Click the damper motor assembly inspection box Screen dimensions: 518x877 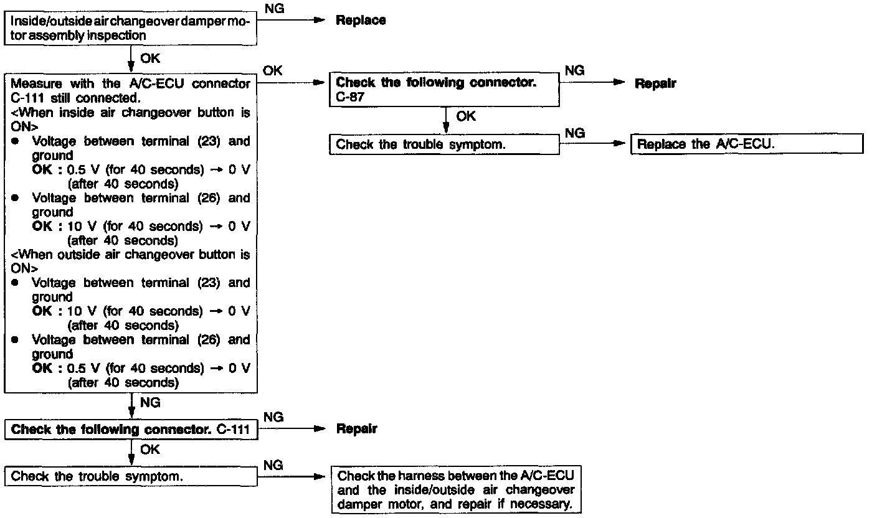coord(131,29)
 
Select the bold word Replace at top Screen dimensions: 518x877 coord(361,20)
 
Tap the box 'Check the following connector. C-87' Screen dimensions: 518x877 coord(444,90)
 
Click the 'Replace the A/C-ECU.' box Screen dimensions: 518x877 coord(746,144)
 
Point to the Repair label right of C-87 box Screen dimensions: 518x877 coord(655,83)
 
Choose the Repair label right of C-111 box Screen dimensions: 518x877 coord(356,429)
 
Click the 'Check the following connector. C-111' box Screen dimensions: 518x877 coord(131,430)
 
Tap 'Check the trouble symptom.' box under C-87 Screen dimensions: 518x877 coord(444,144)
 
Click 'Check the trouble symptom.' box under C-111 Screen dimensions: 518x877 coord(131,476)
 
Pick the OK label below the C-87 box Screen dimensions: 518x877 coord(466,116)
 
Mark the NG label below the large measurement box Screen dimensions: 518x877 coord(150,403)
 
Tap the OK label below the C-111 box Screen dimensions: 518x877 coord(150,450)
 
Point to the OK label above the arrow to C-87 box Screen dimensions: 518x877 coord(273,71)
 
